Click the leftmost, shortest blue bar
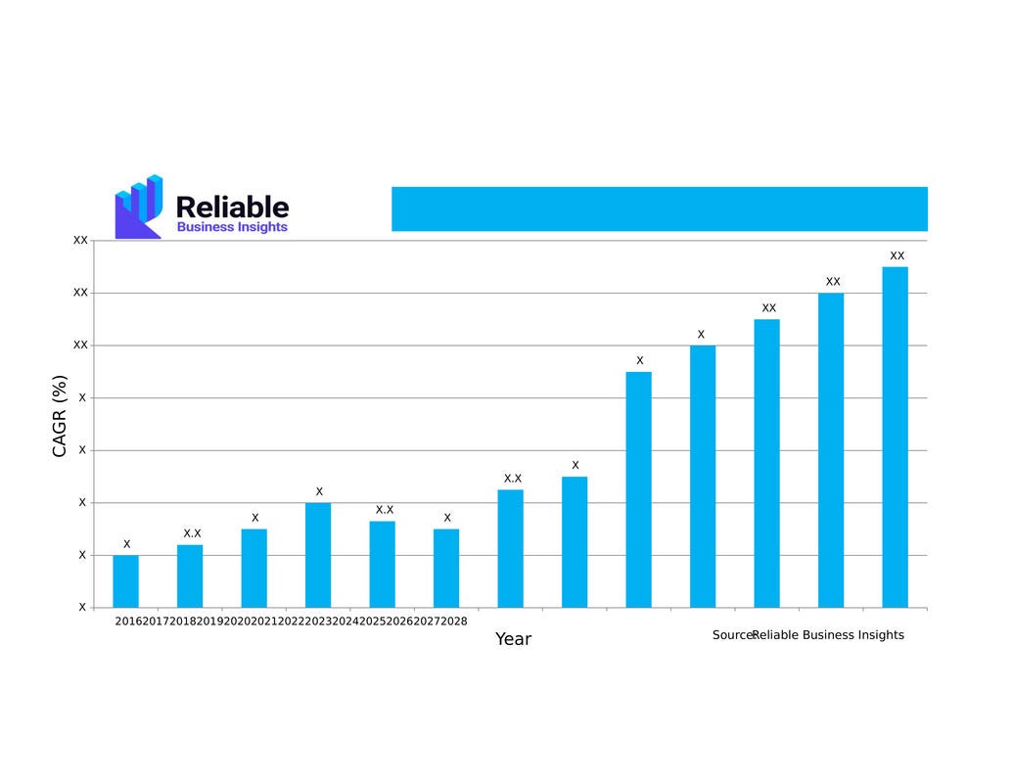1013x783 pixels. (x=125, y=581)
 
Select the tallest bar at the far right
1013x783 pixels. (x=895, y=437)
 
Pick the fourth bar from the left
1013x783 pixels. (x=318, y=555)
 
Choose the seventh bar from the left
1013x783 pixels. (x=510, y=548)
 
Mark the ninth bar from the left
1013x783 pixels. (x=638, y=489)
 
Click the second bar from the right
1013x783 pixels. (x=831, y=450)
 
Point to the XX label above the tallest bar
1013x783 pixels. (x=897, y=255)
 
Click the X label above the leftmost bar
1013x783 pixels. (x=126, y=544)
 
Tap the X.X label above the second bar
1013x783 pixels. (x=192, y=533)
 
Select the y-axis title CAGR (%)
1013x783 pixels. (x=60, y=417)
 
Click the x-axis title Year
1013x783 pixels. (x=513, y=639)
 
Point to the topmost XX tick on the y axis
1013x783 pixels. (x=80, y=240)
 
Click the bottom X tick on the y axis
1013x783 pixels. (x=82, y=607)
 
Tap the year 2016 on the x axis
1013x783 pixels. (x=128, y=621)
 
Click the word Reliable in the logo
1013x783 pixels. (x=232, y=207)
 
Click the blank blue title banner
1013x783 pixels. (x=659, y=208)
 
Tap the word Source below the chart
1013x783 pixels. (x=732, y=635)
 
